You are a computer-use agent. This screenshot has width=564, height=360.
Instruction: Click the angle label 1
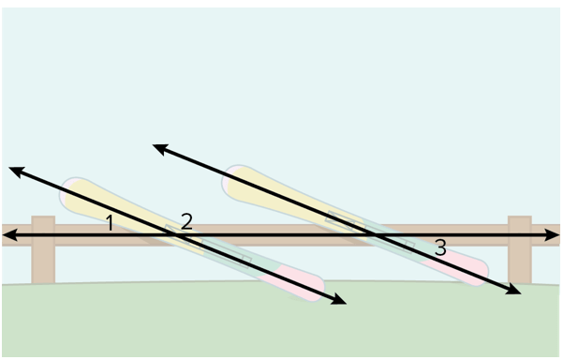pos(110,222)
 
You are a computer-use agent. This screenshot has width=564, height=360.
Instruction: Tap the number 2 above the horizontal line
pos(186,221)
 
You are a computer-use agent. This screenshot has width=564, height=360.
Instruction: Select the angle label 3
pos(440,247)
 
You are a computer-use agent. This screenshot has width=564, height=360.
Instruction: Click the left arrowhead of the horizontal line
pos(9,235)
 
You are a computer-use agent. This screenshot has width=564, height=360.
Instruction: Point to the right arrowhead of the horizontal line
pos(553,235)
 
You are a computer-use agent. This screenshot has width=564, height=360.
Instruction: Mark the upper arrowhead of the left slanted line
pos(16,172)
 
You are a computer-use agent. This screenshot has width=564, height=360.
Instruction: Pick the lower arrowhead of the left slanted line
pos(339,299)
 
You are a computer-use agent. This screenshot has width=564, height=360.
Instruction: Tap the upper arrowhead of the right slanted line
pos(160,149)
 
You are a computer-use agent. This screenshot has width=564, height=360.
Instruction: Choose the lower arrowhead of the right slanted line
pos(513,289)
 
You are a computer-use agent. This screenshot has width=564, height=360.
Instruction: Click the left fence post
pos(43,249)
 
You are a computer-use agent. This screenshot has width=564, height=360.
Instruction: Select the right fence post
pos(520,249)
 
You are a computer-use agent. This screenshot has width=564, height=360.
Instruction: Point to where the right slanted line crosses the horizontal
pos(373,235)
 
